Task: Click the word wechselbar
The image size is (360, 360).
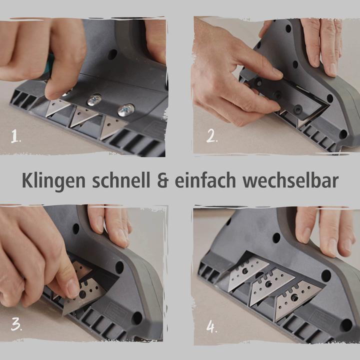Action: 290,181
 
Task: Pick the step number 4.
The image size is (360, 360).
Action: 212,327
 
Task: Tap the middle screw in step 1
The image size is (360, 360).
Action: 94,100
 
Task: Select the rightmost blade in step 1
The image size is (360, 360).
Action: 112,127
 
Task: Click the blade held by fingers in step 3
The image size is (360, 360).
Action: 85,290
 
